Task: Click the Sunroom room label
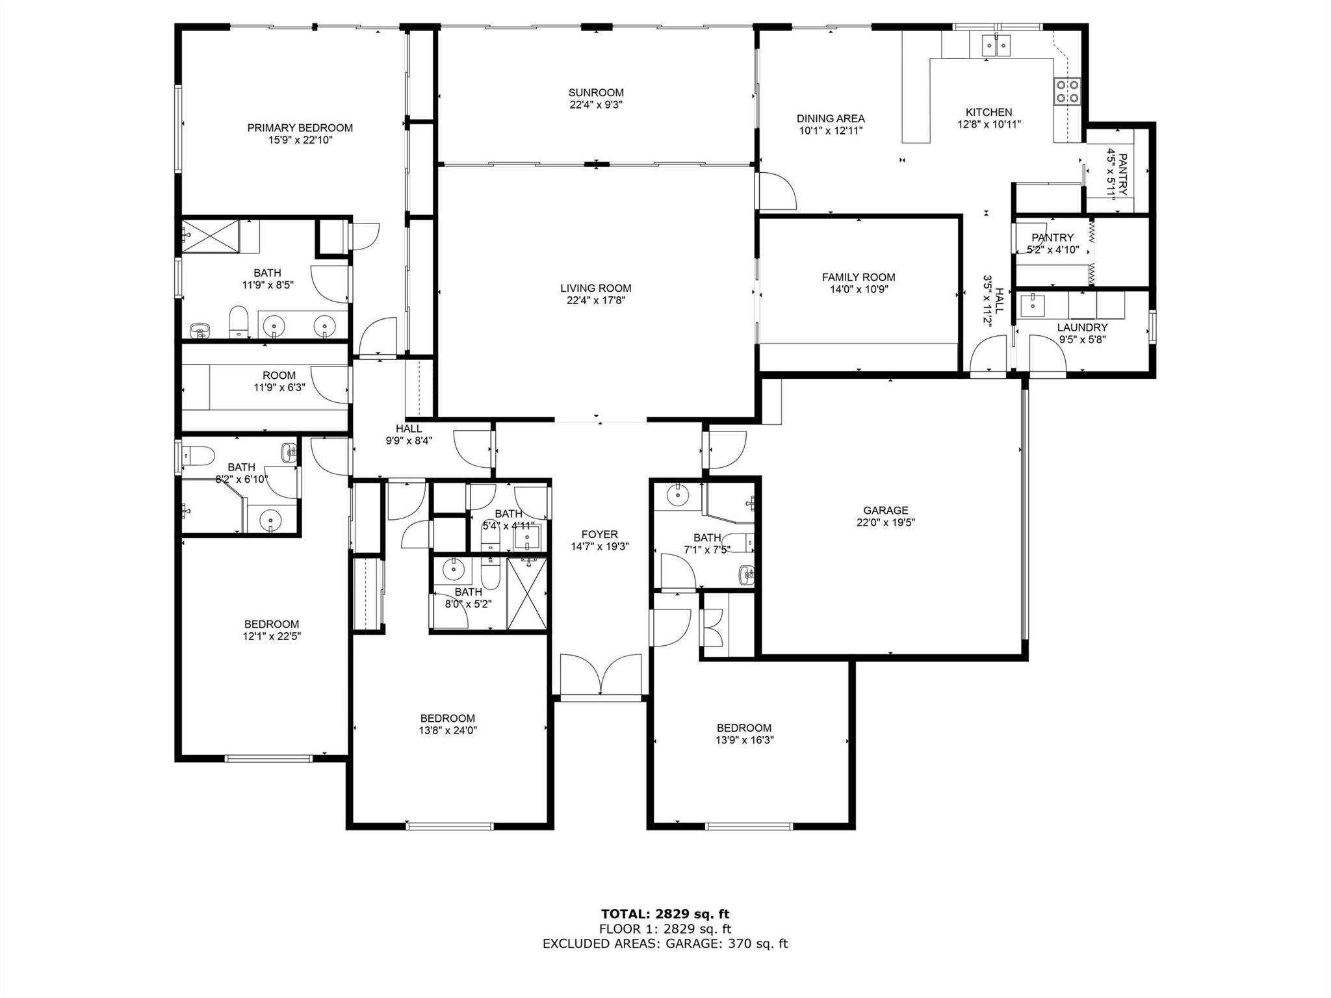pos(596,93)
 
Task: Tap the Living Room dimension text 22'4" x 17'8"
pos(596,300)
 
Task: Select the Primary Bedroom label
pos(300,128)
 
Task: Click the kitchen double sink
pos(995,44)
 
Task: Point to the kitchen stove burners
pos(1066,91)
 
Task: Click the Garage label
pos(885,511)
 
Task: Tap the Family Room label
pos(859,277)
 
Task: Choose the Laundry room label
pos(1082,328)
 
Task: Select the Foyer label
pos(599,535)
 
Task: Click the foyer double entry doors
pos(601,676)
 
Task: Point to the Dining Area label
pos(831,119)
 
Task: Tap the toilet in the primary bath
pos(239,322)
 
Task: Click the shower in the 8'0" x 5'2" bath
pos(526,594)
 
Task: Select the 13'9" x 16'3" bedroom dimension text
pos(744,740)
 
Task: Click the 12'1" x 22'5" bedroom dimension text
pos(272,636)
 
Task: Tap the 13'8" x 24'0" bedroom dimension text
pos(448,730)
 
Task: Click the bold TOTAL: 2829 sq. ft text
pos(665,914)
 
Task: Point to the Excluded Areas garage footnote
pos(665,943)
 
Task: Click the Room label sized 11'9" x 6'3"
pos(279,376)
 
